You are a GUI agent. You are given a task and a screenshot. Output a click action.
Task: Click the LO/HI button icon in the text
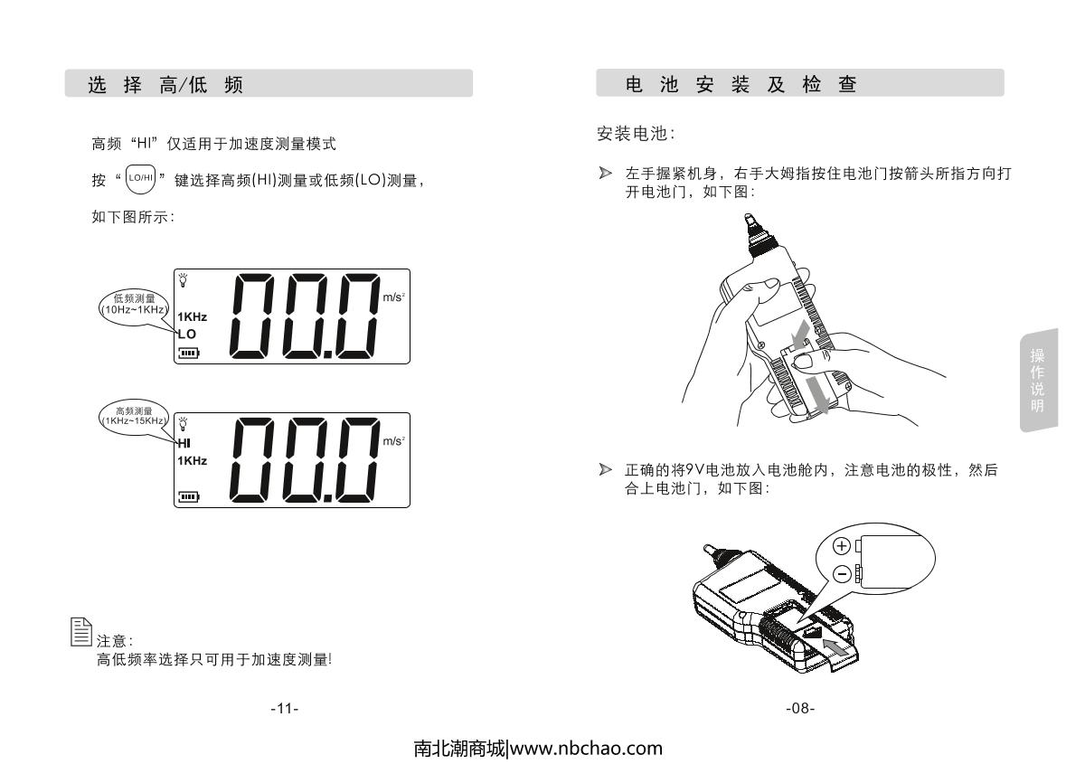point(140,179)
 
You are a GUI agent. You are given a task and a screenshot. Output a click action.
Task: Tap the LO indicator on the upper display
point(187,335)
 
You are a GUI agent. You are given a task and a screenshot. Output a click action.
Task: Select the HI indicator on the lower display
point(184,443)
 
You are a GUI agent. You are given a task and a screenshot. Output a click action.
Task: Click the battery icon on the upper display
point(189,353)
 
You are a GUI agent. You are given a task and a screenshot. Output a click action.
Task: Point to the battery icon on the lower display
point(189,496)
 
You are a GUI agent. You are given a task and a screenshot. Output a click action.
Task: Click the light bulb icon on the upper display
point(183,280)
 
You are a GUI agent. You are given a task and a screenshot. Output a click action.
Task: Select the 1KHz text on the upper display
point(193,316)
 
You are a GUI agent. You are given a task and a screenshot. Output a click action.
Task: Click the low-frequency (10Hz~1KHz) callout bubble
point(134,304)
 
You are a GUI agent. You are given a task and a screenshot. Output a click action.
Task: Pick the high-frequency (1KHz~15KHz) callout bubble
point(134,416)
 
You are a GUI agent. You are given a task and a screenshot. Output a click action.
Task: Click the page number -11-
point(285,709)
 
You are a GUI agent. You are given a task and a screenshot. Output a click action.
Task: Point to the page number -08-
point(800,708)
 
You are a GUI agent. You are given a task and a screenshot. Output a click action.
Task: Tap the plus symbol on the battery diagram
point(842,546)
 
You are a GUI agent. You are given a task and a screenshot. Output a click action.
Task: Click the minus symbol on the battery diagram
point(842,574)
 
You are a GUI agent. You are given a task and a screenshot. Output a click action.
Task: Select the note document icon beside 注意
point(80,632)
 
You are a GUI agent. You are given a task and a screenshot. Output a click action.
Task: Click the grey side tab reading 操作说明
point(1039,381)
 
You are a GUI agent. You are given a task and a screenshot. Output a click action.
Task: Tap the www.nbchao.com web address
point(586,749)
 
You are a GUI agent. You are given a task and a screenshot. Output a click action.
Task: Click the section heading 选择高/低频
point(165,85)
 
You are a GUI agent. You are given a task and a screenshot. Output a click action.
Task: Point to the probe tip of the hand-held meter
point(749,216)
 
